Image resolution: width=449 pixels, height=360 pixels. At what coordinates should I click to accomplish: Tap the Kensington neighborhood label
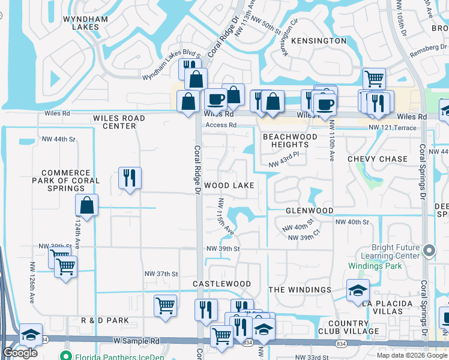pos(319,41)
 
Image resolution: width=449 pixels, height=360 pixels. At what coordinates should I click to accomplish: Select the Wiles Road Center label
pos(119,122)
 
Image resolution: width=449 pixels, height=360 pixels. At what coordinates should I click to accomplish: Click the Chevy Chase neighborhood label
pos(378,159)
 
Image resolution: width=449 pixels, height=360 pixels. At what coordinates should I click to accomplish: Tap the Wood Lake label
pos(229,186)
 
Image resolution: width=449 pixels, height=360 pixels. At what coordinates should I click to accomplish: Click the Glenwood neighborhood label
pos(309,211)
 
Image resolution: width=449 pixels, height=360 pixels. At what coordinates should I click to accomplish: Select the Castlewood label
pos(221,283)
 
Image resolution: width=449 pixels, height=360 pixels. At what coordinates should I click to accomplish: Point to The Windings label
pos(300,290)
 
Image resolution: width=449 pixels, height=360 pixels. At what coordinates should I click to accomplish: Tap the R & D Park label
pos(105,320)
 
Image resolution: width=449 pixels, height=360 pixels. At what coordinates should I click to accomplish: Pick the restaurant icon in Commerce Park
pos(130,178)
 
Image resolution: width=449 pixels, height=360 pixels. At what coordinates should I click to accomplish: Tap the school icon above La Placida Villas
pos(358,291)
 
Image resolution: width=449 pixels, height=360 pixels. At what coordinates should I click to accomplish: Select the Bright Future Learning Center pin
pos(429,250)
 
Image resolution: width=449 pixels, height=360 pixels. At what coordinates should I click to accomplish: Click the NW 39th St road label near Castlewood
pos(223,248)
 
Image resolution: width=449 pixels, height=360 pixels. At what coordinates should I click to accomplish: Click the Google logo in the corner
pos(20,353)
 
